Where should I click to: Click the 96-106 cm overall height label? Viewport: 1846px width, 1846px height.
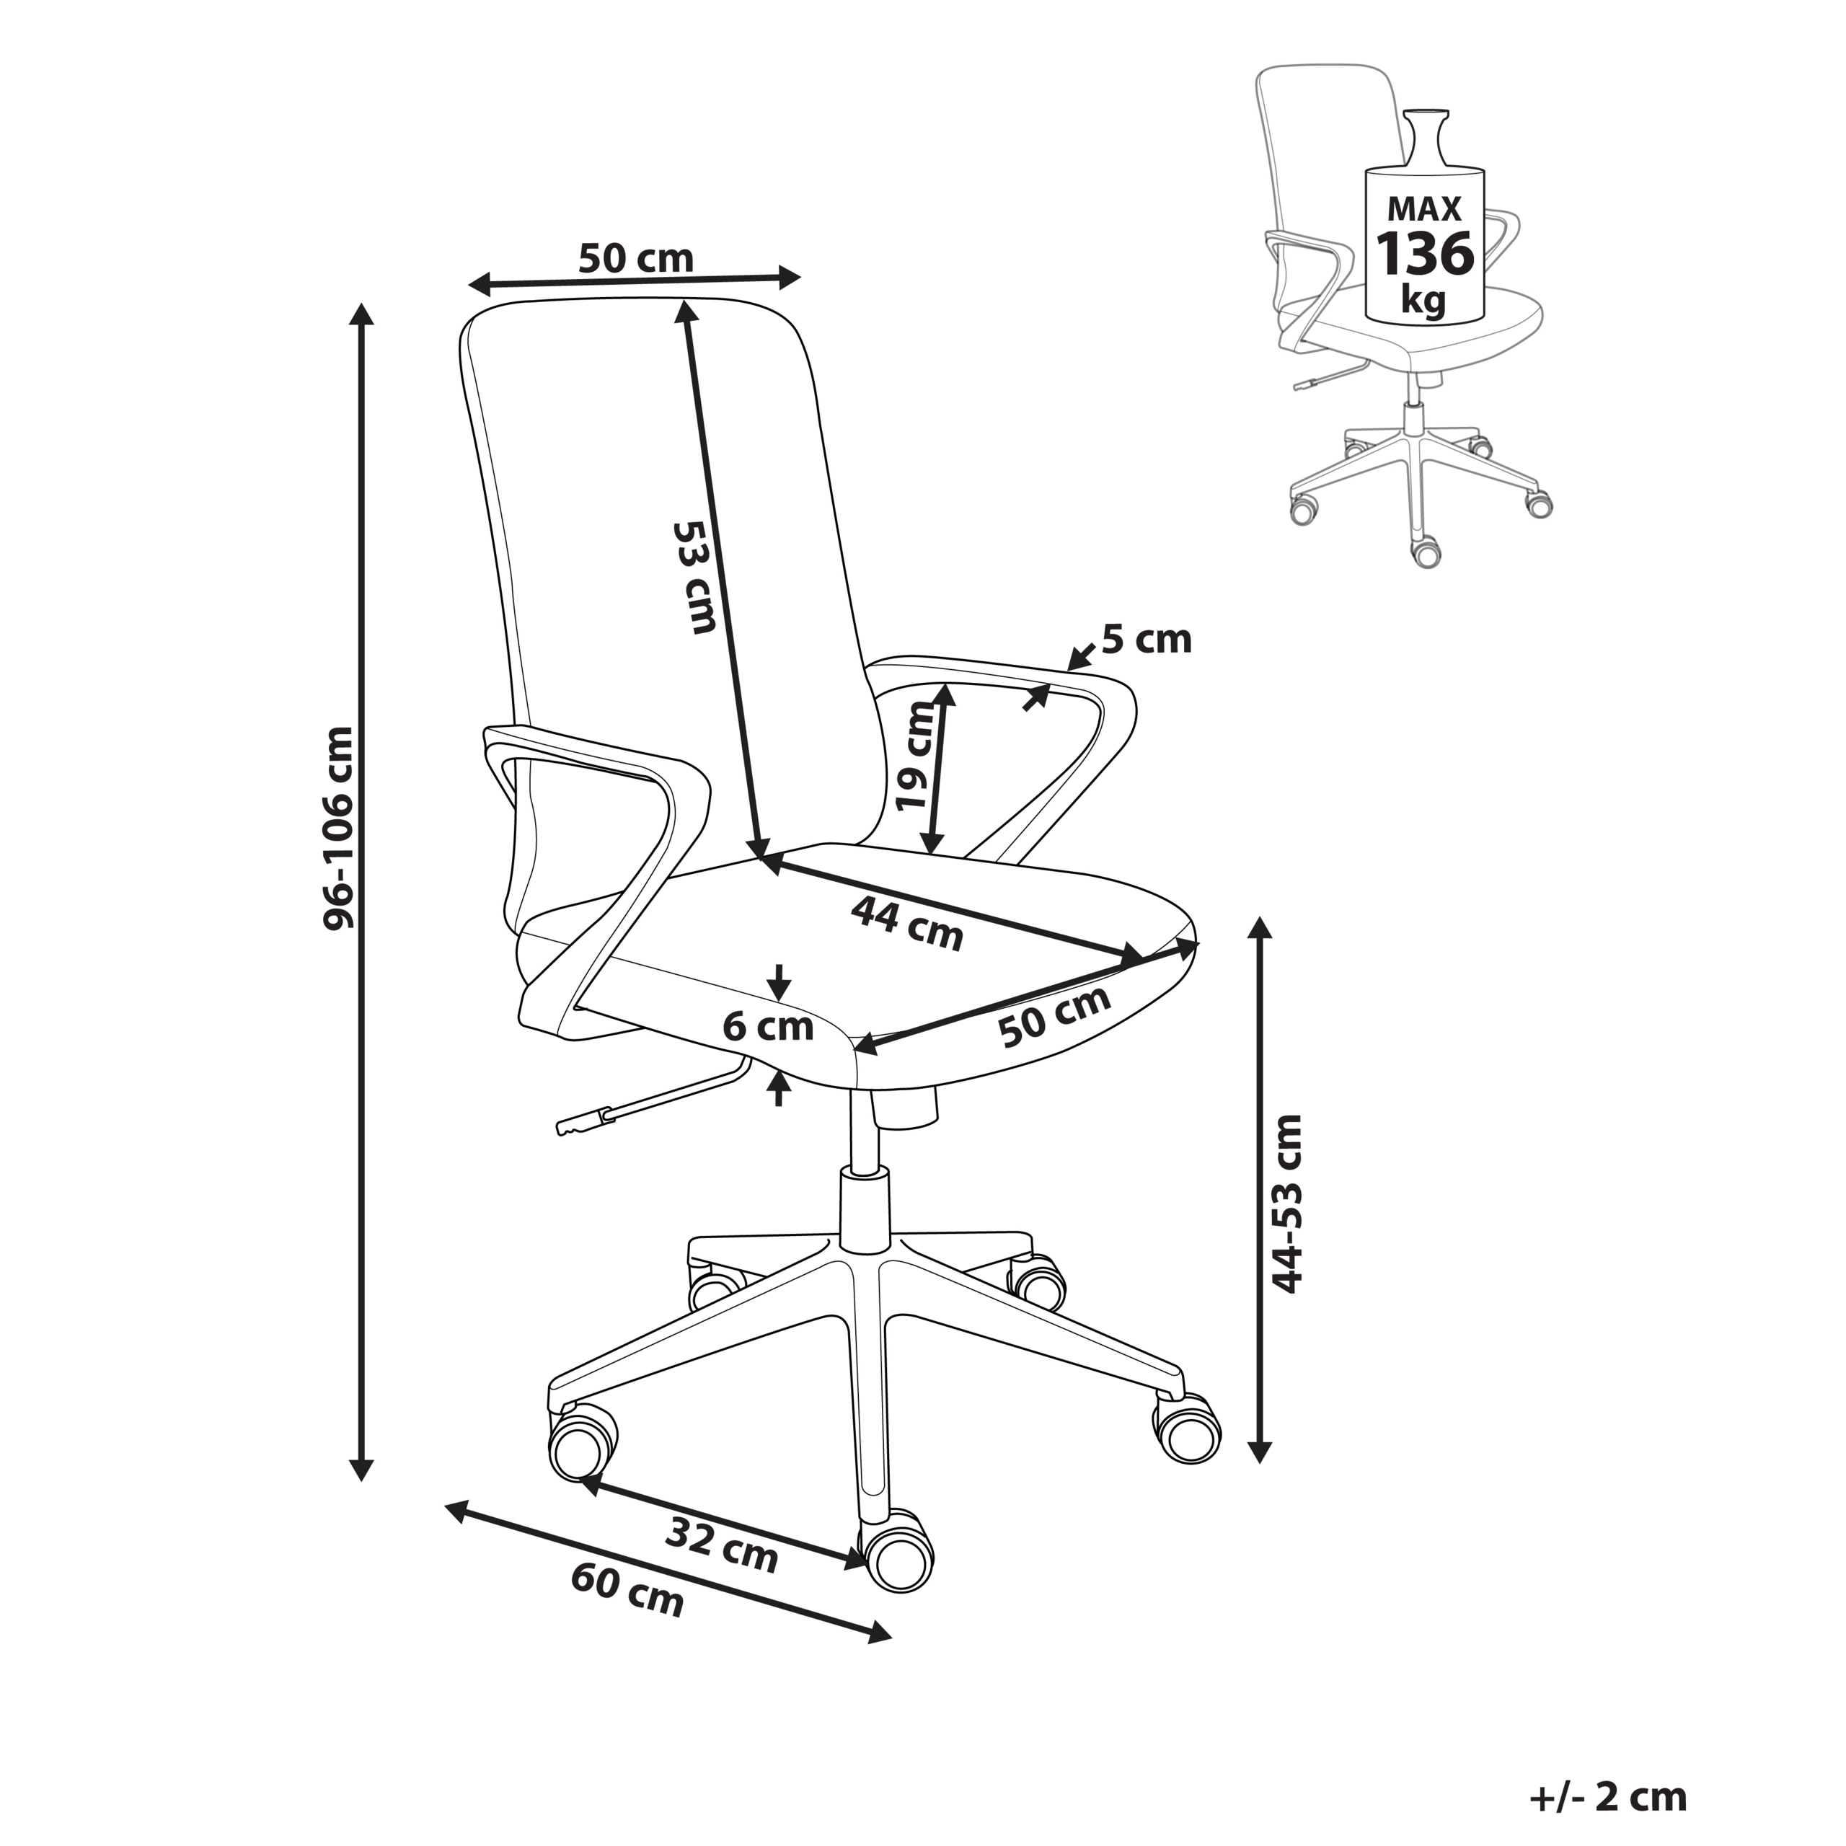coord(338,827)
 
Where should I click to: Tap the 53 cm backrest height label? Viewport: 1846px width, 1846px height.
coord(694,577)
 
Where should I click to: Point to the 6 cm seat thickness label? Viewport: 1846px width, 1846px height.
coord(767,1027)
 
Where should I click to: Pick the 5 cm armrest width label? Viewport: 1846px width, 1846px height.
coord(1146,639)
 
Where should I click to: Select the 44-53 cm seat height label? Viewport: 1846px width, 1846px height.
coord(1289,1204)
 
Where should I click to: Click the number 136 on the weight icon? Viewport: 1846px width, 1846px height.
coord(1423,254)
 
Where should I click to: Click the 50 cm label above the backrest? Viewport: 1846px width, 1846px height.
coord(635,259)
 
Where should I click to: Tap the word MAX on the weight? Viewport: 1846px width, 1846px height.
coord(1423,208)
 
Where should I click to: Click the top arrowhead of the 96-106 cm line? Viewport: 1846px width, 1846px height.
coord(361,315)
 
